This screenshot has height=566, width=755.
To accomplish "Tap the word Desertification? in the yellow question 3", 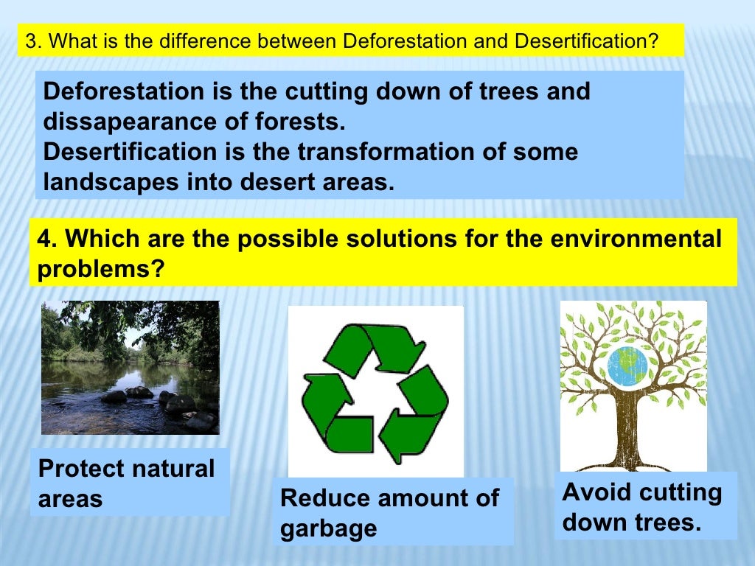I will tap(585, 41).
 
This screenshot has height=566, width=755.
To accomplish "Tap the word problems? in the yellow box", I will tap(100, 269).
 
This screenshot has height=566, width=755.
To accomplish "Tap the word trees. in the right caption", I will tap(667, 523).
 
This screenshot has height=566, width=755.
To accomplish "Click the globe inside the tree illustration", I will tap(627, 366).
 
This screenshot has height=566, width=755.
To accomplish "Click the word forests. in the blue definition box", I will tap(303, 122).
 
